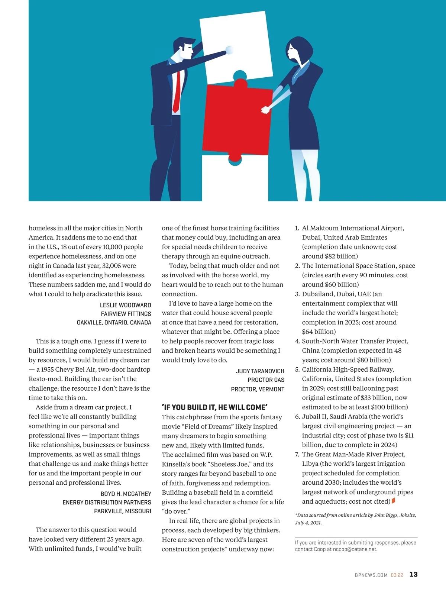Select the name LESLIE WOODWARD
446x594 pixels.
click(125, 305)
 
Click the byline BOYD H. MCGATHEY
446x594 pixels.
click(126, 494)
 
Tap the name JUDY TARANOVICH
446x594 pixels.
click(260, 371)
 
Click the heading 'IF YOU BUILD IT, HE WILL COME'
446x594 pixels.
click(214, 407)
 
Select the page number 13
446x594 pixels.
click(413, 574)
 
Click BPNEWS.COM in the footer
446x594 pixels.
click(371, 575)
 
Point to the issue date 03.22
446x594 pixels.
click(397, 575)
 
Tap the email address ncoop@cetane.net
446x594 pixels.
click(355, 549)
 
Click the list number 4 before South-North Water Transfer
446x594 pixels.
click(297, 341)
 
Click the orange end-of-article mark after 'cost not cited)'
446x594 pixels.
click(394, 501)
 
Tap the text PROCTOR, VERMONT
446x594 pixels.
click(258, 389)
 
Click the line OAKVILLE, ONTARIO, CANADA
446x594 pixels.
click(114, 322)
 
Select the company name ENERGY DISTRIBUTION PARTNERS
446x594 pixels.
click(107, 502)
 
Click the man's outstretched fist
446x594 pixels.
click(229, 50)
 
